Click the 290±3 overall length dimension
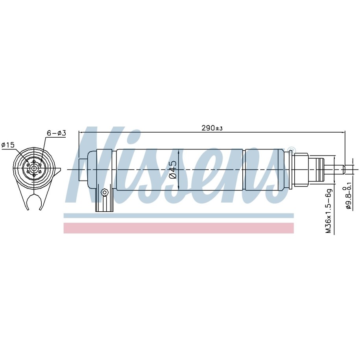coord(212,128)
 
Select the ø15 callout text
coord(8,145)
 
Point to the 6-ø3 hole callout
coord(56,133)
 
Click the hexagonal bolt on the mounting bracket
coord(105,192)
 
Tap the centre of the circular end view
coord(34,168)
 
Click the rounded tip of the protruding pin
coord(344,170)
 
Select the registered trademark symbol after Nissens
coord(290,149)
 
